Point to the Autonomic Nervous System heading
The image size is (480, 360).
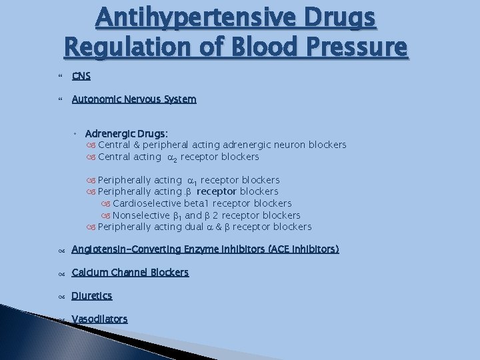point(134,99)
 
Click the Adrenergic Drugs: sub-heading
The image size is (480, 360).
point(126,133)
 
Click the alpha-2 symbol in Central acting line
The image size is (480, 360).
point(170,158)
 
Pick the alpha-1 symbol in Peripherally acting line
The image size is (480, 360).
point(193,180)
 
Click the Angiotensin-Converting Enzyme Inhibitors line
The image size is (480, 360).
point(205,249)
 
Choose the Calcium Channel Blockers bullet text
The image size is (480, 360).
point(130,272)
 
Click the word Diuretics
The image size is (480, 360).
point(92,295)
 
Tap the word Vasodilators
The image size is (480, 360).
point(99,319)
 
